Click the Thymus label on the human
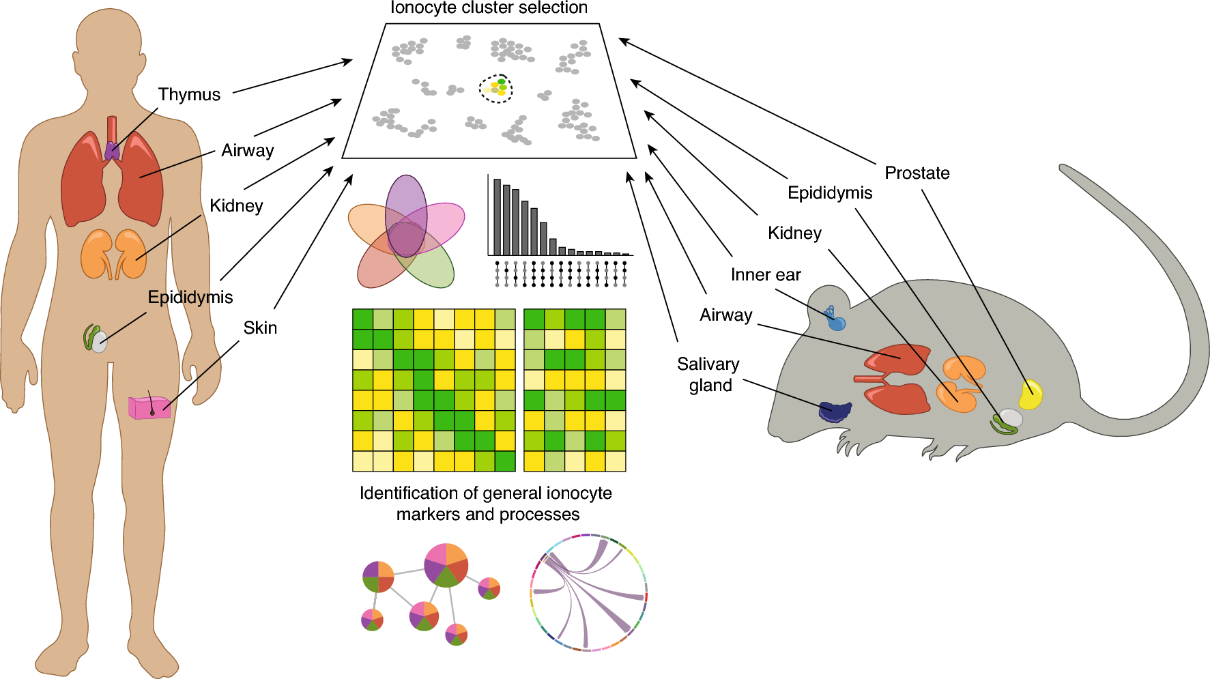pos(189,94)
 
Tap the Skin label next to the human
pos(260,328)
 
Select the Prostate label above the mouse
pos(917,173)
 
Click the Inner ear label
pos(765,274)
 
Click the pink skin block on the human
pos(149,407)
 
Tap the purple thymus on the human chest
pos(112,151)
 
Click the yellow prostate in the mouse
pos(1030,395)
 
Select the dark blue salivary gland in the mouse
pos(835,411)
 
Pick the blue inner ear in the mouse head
pos(835,320)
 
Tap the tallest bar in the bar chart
pos(498,216)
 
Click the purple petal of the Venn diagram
pos(406,198)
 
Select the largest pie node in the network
pos(446,565)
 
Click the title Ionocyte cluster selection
pos(489,8)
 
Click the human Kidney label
pos(236,205)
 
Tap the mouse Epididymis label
pos(829,192)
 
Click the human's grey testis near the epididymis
pos(100,341)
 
